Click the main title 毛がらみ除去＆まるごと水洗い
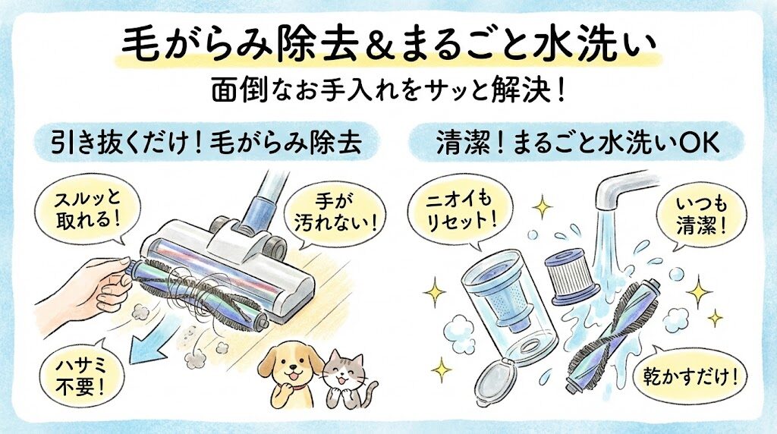388,44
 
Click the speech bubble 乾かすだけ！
687,374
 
